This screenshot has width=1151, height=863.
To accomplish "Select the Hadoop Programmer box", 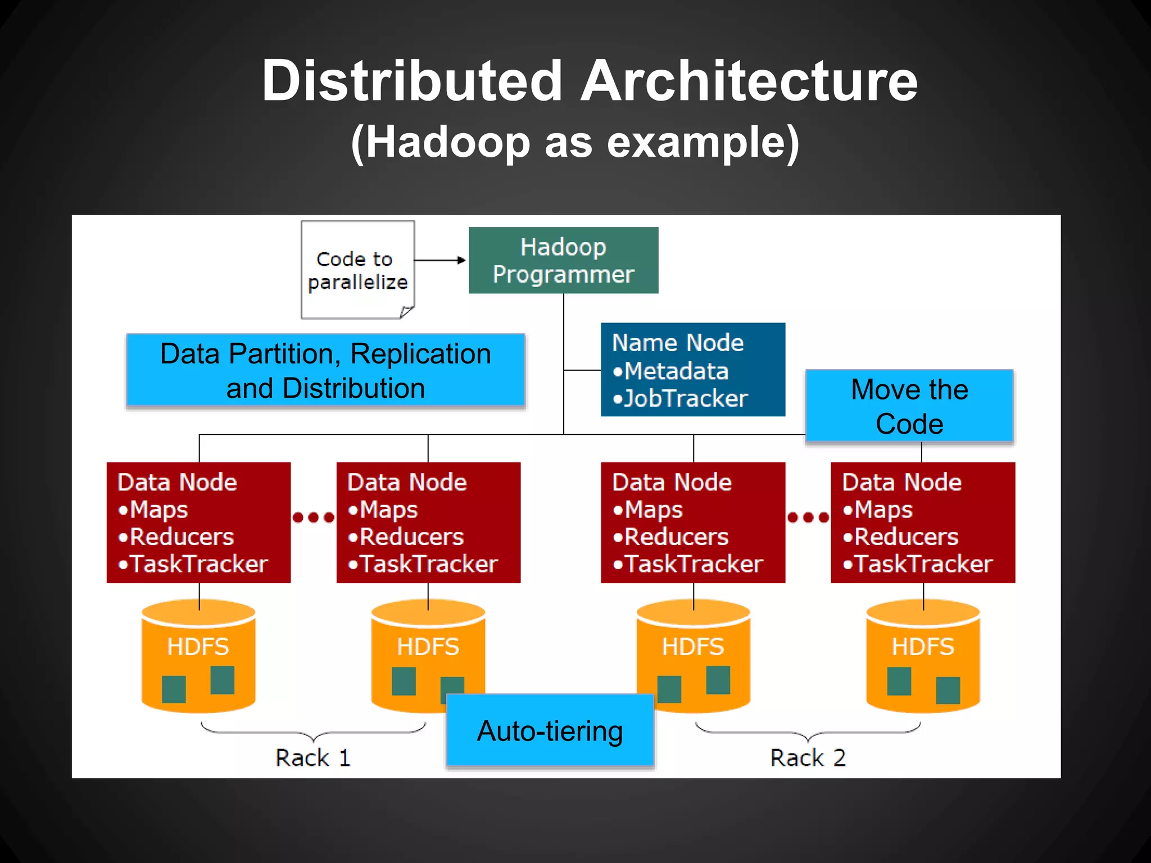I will (563, 261).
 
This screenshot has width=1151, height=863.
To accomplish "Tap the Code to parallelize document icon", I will (357, 270).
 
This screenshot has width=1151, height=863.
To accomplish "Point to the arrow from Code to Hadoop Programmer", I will (440, 260).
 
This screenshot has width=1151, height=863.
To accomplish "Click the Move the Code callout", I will (909, 406).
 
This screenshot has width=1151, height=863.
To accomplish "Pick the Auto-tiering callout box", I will (550, 731).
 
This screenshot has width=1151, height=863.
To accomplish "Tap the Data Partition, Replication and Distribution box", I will (325, 371).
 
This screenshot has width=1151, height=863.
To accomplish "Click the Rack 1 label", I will (312, 758).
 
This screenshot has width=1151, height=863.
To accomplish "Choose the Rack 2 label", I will (808, 758).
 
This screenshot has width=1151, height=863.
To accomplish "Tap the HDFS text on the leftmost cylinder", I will (198, 647).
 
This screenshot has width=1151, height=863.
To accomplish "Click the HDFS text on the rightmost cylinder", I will (923, 647).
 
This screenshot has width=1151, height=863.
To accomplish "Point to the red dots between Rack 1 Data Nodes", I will (314, 517).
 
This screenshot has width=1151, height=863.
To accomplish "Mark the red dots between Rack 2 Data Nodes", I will (808, 517).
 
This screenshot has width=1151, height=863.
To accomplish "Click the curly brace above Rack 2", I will (808, 731).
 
